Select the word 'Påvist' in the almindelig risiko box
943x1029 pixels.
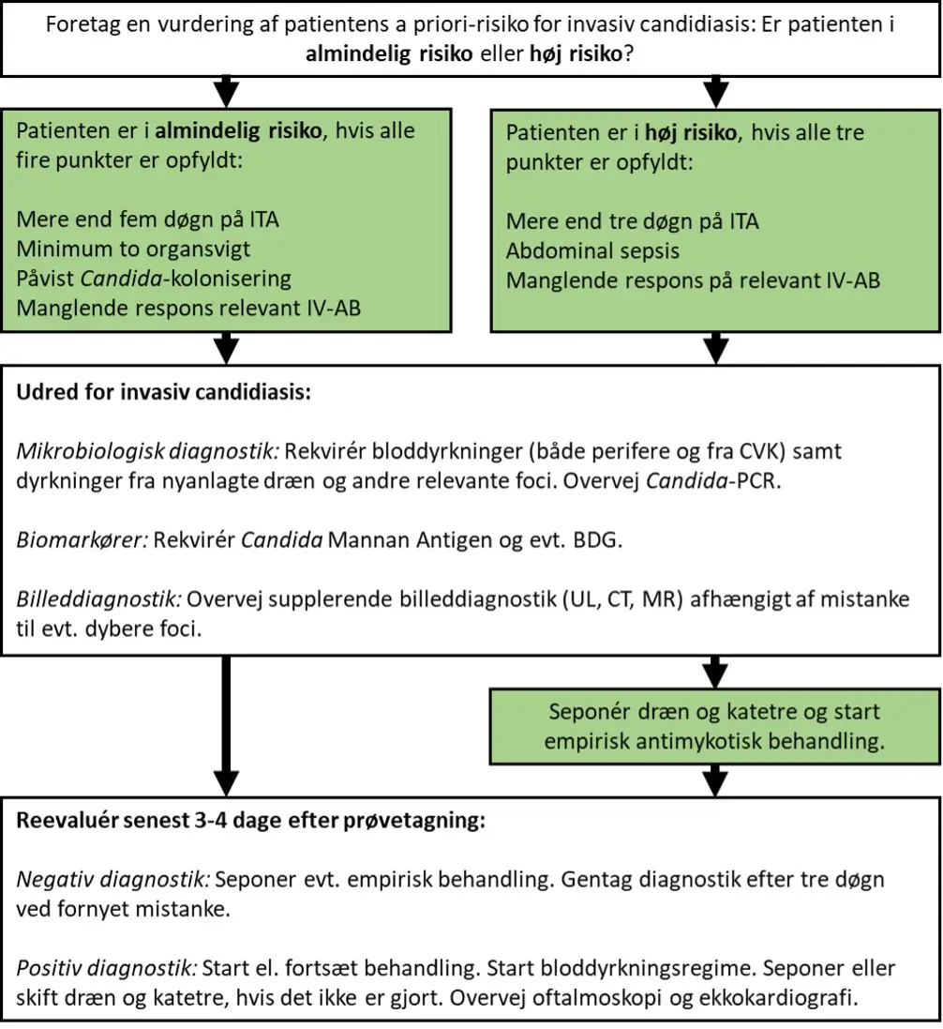(x=45, y=279)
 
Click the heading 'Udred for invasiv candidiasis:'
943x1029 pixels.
(x=163, y=392)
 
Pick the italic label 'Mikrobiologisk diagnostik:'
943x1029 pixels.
(x=147, y=451)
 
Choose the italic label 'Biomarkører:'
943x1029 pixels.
(x=82, y=540)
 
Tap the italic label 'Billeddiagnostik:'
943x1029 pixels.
(x=98, y=599)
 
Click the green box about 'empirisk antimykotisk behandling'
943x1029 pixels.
(x=715, y=726)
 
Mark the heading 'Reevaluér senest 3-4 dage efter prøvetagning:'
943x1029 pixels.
(x=250, y=821)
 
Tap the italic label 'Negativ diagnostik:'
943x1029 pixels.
(x=112, y=879)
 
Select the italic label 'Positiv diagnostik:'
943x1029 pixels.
(x=106, y=968)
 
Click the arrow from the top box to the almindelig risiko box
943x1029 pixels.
(x=226, y=92)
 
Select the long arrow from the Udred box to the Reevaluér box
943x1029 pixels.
(x=226, y=726)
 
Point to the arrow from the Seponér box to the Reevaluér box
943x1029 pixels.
(x=715, y=780)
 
